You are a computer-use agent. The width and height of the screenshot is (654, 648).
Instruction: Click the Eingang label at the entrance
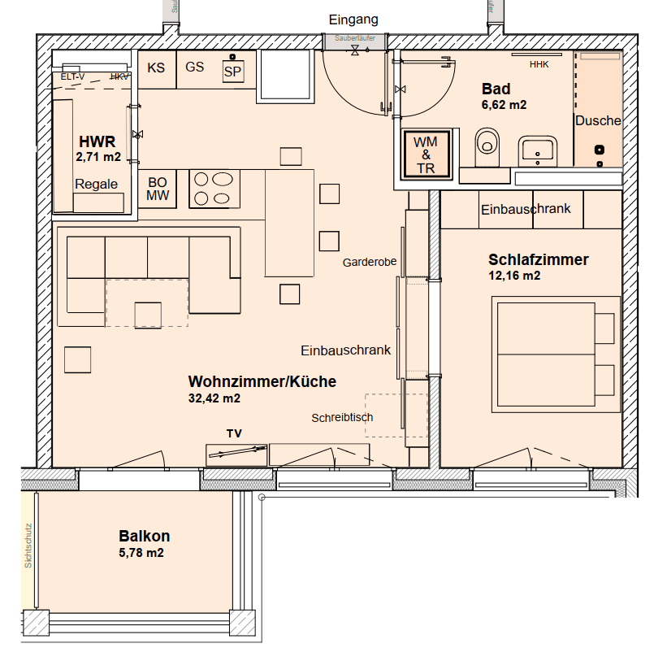click(353, 20)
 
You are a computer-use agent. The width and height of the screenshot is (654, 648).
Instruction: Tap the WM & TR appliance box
click(425, 154)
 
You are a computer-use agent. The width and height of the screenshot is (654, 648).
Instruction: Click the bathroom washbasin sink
click(537, 150)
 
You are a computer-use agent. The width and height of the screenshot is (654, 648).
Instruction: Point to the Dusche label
click(598, 120)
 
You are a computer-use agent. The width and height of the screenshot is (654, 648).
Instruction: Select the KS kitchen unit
click(156, 67)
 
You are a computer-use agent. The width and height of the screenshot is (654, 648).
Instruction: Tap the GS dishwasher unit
click(195, 67)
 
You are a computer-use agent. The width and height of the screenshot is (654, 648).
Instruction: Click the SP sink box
click(233, 72)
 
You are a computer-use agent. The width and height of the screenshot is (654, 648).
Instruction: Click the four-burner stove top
click(211, 189)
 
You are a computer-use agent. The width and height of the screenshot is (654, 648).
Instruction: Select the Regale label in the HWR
click(97, 184)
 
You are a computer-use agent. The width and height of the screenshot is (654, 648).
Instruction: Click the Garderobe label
click(370, 262)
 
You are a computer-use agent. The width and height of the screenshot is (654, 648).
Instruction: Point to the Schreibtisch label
click(342, 417)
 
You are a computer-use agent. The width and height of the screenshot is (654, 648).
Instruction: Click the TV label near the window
click(235, 433)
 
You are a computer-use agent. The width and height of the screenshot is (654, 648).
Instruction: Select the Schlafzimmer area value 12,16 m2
click(514, 276)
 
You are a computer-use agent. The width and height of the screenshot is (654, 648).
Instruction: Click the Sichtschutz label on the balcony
click(28, 545)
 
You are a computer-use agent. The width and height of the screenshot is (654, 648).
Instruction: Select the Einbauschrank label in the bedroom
click(526, 209)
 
